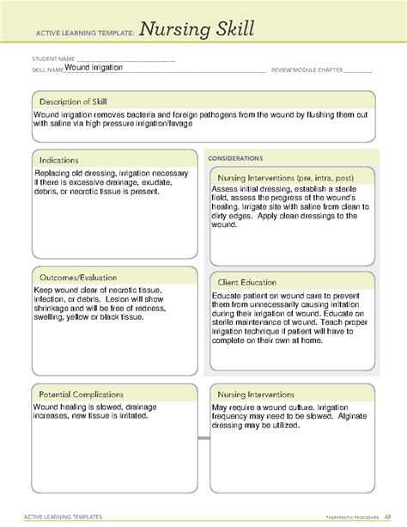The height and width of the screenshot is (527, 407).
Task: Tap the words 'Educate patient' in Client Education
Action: click(238, 297)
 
